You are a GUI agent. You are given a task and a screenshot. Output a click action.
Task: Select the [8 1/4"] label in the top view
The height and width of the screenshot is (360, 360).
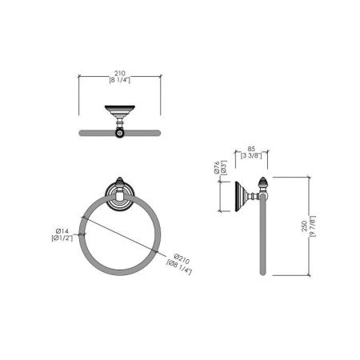tap(120, 79)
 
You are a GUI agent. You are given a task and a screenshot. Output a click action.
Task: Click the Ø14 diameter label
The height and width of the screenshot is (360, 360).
tap(63, 230)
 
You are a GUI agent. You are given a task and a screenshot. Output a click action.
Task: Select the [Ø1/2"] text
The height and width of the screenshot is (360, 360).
tap(63, 238)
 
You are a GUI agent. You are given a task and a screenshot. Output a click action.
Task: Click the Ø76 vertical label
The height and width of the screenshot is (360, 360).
tap(217, 169)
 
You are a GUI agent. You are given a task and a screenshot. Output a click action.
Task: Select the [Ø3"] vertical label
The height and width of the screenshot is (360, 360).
tap(226, 169)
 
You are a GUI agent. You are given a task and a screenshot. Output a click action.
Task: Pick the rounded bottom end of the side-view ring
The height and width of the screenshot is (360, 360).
tap(261, 274)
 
